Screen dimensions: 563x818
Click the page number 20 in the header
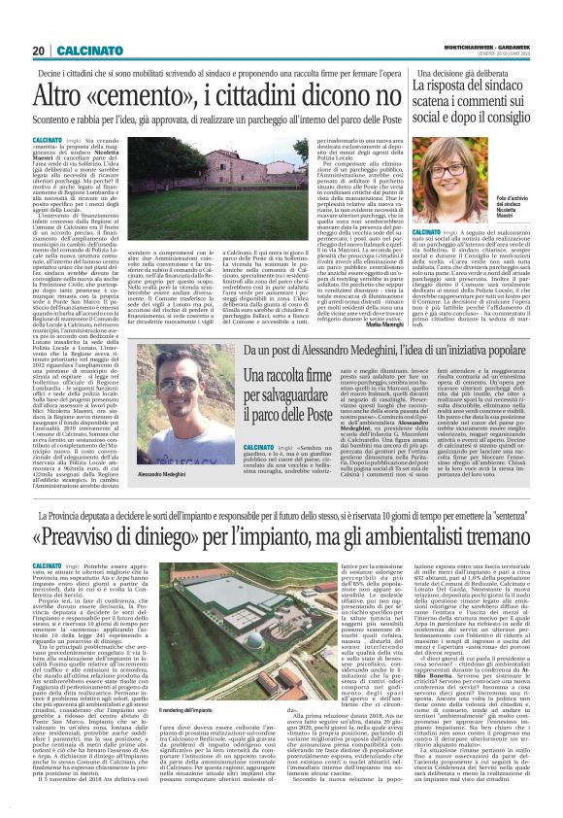37,51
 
